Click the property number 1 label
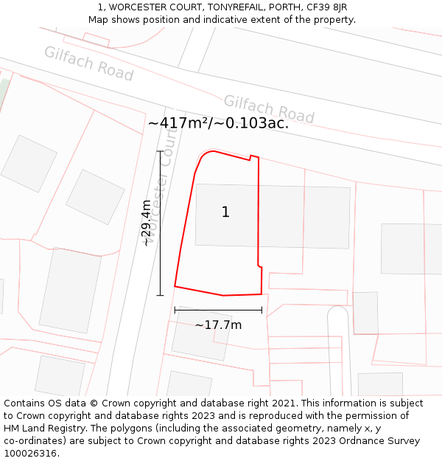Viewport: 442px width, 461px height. click(x=225, y=212)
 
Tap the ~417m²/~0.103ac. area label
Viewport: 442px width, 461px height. click(x=218, y=123)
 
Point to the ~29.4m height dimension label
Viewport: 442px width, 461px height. click(x=147, y=223)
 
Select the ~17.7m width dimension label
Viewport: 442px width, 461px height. click(x=218, y=325)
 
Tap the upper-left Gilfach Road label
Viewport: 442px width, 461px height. click(x=88, y=63)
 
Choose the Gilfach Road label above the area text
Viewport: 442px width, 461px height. click(x=269, y=109)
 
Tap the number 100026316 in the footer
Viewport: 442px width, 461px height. click(x=30, y=454)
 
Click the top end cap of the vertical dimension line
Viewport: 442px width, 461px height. click(x=160, y=151)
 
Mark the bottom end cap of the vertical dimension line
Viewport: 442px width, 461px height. click(x=160, y=295)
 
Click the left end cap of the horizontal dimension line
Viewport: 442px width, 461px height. click(x=175, y=311)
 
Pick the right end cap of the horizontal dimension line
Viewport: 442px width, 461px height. click(x=262, y=311)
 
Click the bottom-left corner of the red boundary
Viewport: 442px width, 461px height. click(x=175, y=286)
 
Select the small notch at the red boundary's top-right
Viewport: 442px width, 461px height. click(x=254, y=156)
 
